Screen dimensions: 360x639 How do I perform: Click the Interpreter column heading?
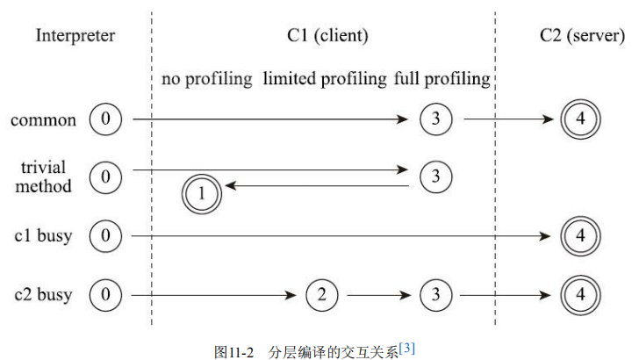click(x=75, y=36)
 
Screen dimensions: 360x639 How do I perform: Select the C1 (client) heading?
click(x=326, y=36)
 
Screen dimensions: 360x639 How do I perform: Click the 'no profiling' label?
click(x=207, y=79)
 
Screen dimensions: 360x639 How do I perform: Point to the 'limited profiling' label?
click(x=324, y=79)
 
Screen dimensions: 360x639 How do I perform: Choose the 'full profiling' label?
click(x=442, y=79)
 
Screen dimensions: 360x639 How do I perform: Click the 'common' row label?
click(x=43, y=119)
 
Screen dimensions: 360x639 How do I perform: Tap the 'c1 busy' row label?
click(x=43, y=235)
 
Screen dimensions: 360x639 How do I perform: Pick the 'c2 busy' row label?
click(x=43, y=294)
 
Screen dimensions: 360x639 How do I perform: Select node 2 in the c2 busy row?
click(x=322, y=295)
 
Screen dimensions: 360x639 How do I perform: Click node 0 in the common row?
click(x=106, y=119)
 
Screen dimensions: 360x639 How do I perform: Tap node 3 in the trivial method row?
click(x=435, y=176)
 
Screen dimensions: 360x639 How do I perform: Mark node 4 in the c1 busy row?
click(x=580, y=236)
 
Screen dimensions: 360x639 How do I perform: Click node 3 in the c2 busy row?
click(x=435, y=295)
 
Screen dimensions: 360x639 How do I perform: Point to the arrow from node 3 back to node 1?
click(x=316, y=186)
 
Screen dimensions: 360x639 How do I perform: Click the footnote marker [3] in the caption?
click(x=406, y=349)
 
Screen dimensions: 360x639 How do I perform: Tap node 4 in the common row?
click(x=580, y=119)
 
